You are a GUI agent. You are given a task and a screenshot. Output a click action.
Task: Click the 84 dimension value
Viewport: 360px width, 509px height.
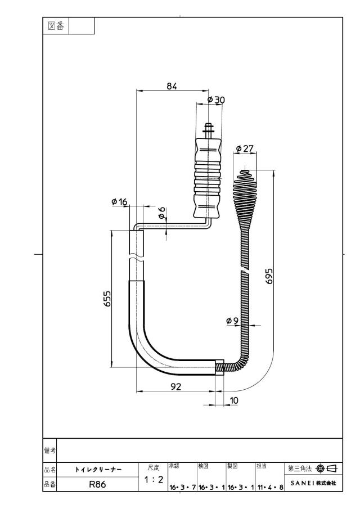(172, 86)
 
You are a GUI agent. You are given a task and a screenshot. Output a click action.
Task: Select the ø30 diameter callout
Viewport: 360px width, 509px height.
(216, 100)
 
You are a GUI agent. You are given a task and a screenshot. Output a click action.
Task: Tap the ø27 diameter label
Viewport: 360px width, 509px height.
(244, 148)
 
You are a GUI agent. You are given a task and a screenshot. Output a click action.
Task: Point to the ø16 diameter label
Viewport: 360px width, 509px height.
(119, 202)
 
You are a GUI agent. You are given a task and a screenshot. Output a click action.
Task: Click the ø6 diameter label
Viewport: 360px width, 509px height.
(162, 213)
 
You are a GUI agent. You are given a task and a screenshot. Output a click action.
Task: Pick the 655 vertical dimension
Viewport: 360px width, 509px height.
(107, 299)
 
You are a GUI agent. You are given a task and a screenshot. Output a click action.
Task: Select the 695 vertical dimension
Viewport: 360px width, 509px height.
(269, 276)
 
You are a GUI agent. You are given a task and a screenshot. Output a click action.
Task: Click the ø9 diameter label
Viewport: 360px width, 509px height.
(232, 321)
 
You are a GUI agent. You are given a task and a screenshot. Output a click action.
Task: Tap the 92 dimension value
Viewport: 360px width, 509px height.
(175, 386)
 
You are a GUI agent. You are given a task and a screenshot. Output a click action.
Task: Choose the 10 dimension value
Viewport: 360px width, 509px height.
(234, 400)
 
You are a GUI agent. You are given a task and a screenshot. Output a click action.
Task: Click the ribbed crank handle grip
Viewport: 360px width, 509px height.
(207, 178)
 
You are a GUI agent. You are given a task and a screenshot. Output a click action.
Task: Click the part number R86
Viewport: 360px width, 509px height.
(97, 484)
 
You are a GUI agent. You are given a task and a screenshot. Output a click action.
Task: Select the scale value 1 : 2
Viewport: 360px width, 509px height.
(154, 479)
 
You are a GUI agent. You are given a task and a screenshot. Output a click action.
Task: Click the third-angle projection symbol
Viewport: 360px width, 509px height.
(326, 469)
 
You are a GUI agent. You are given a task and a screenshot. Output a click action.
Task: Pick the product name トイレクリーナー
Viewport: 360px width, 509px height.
(98, 470)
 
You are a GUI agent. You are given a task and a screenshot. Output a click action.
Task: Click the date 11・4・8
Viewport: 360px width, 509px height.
(271, 487)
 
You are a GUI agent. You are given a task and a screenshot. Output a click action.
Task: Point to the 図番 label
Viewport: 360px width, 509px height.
(56, 26)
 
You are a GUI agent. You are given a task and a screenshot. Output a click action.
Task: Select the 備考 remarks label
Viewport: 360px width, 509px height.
(49, 451)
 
